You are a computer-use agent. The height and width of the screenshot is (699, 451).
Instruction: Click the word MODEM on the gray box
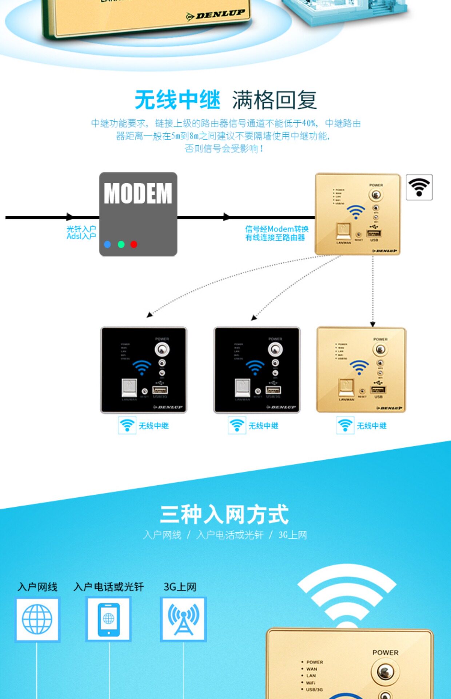click(x=138, y=193)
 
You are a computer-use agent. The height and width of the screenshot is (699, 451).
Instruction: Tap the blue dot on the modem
click(x=107, y=244)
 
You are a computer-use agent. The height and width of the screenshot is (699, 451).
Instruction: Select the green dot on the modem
click(x=121, y=244)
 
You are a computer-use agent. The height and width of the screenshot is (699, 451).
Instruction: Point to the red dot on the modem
click(x=134, y=244)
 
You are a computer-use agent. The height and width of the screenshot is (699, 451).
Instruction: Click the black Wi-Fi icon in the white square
click(x=419, y=187)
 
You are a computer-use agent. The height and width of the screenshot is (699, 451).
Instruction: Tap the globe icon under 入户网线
click(x=37, y=619)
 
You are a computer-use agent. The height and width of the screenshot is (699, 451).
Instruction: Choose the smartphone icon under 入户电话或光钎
click(x=108, y=619)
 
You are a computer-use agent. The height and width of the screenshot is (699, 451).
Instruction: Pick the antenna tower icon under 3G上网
click(x=183, y=619)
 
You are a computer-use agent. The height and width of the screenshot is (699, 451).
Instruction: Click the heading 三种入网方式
click(x=224, y=514)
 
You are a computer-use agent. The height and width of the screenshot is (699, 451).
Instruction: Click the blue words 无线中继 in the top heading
click(x=177, y=100)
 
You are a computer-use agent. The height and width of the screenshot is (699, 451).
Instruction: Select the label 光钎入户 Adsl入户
click(x=81, y=233)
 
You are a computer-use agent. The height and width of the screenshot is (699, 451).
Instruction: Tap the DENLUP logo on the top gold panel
click(x=216, y=15)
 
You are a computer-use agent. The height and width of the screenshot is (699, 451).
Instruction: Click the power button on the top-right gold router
click(x=376, y=195)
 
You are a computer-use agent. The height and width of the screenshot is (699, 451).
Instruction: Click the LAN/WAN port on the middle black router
click(x=242, y=388)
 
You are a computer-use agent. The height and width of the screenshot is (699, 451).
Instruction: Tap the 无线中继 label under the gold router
click(x=371, y=426)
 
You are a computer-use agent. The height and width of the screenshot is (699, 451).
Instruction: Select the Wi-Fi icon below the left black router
click(x=127, y=425)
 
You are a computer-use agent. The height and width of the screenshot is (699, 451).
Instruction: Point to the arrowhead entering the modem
click(x=70, y=217)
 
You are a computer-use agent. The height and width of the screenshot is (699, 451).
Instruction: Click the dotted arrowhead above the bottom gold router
click(x=372, y=324)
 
